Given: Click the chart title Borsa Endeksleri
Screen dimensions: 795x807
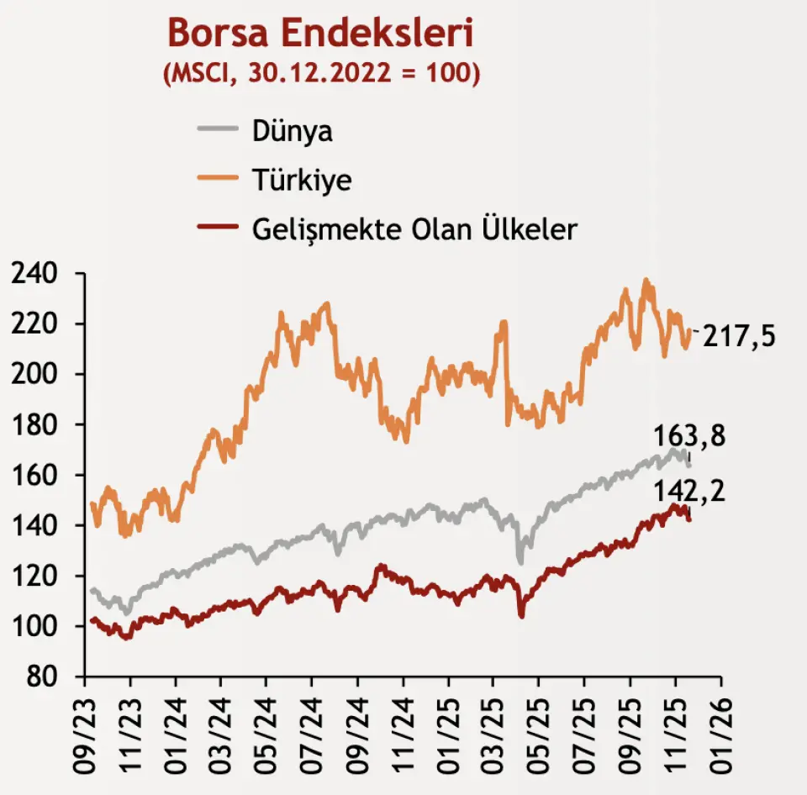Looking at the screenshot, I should (x=320, y=34).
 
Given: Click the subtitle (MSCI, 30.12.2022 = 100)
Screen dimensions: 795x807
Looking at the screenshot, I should (x=320, y=72).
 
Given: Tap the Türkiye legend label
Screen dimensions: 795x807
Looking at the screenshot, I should (x=301, y=179).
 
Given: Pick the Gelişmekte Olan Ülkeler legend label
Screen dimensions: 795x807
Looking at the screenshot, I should (x=414, y=228).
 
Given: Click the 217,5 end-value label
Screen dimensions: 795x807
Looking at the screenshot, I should (x=739, y=336).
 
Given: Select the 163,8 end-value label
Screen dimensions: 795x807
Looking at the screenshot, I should (x=689, y=437).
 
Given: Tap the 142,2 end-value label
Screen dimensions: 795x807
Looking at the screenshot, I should (x=689, y=489).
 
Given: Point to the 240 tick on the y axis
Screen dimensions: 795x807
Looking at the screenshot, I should (x=33, y=274).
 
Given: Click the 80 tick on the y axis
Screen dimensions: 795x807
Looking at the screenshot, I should (x=43, y=677).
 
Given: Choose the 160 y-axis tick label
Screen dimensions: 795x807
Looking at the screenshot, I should (x=33, y=476).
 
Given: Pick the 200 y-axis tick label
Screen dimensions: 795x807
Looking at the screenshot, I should (x=33, y=375).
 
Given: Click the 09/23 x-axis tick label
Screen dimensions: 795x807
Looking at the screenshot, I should (x=87, y=727).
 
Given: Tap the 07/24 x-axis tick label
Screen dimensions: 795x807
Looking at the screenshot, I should (x=313, y=727).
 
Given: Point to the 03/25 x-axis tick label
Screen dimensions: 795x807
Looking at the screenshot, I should (x=494, y=727).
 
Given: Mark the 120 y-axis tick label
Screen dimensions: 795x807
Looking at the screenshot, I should (x=33, y=577).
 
